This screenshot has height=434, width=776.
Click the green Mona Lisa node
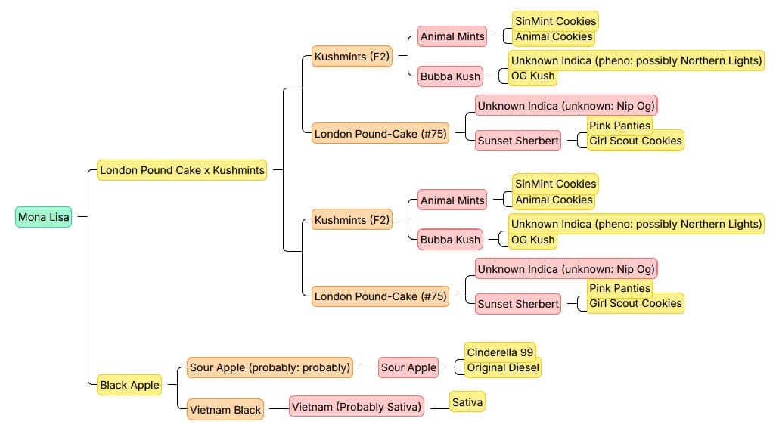coord(43,217)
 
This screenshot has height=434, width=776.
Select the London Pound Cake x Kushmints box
coord(182,171)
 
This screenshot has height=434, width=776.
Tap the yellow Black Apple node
coord(129,385)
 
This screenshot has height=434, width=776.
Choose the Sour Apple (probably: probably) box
coord(270,367)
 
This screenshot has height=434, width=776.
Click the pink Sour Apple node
coord(408,367)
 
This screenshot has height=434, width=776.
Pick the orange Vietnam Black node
coord(225,410)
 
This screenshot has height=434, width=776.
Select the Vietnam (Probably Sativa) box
coord(356,407)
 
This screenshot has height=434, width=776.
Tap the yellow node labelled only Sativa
coord(467,402)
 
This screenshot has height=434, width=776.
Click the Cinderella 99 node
coord(500,352)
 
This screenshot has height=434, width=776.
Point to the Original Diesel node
coord(503,367)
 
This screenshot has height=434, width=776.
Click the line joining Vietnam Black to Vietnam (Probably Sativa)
coord(276,408)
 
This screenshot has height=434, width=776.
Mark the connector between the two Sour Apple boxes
coord(366,367)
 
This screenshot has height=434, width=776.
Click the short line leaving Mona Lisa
coord(82,217)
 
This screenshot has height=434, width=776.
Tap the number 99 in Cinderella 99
coord(526,352)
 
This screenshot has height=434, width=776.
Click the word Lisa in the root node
coord(59,217)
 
